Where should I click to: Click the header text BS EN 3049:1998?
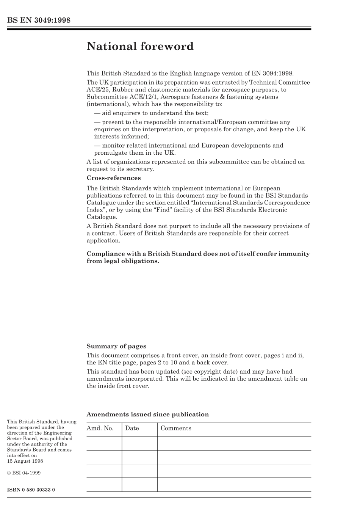(x=39, y=20)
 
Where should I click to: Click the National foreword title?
(x=140, y=47)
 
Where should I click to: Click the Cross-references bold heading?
(x=113, y=178)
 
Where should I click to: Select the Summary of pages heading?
(x=116, y=346)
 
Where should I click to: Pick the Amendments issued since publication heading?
(x=147, y=415)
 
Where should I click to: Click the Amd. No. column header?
(x=100, y=428)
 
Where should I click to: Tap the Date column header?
(x=132, y=428)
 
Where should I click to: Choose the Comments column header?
(x=176, y=428)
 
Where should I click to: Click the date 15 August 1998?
(x=25, y=461)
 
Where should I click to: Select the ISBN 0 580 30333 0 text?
(x=31, y=490)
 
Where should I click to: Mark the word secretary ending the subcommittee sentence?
(x=141, y=169)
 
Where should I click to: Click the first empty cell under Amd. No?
(x=104, y=443)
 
